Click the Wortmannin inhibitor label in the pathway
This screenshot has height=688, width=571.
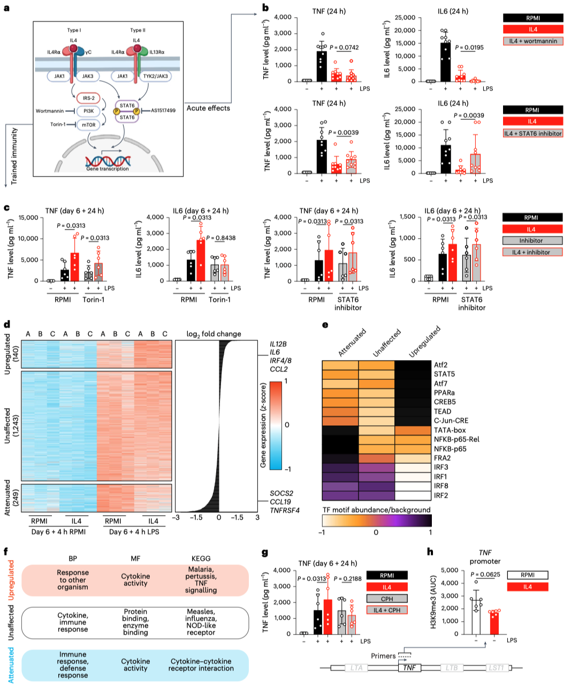pyautogui.click(x=50, y=111)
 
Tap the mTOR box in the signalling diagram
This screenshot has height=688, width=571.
pyautogui.click(x=89, y=125)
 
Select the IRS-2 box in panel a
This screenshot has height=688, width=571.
pyautogui.click(x=89, y=98)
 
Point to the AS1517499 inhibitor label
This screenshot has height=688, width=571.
pyautogui.click(x=163, y=111)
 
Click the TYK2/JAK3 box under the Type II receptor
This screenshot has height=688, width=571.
pyautogui.click(x=155, y=77)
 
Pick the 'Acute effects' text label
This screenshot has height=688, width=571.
pyautogui.click(x=208, y=108)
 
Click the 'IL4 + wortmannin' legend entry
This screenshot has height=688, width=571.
pyautogui.click(x=533, y=41)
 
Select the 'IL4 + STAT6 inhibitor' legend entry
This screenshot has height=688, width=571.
pyautogui.click(x=533, y=133)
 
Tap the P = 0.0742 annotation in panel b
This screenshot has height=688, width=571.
pyautogui.click(x=344, y=48)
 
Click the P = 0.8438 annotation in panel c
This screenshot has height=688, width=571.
pyautogui.click(x=221, y=238)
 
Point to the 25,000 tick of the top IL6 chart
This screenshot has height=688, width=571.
pyautogui.click(x=405, y=18)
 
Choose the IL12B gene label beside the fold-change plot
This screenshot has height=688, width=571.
pyautogui.click(x=278, y=344)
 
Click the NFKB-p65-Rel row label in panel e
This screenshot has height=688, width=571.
pyautogui.click(x=456, y=439)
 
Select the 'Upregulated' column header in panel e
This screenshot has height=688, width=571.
pyautogui.click(x=424, y=342)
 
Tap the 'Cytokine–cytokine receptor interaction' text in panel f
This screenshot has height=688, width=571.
pyautogui.click(x=201, y=665)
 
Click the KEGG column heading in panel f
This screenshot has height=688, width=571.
pyautogui.click(x=201, y=558)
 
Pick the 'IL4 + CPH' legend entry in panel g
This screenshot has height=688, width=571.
pyautogui.click(x=387, y=610)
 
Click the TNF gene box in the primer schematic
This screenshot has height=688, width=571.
pyautogui.click(x=409, y=668)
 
